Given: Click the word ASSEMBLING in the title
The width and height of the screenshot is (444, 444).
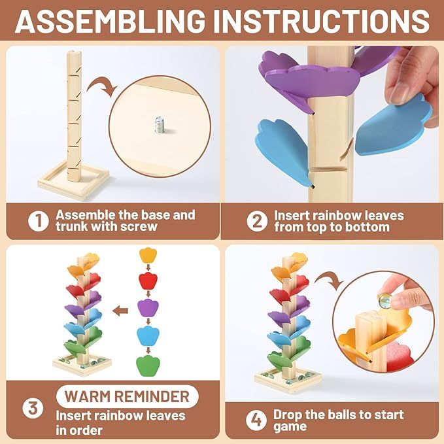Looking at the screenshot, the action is [110, 21].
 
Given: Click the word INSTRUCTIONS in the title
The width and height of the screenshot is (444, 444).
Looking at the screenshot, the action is [322, 21].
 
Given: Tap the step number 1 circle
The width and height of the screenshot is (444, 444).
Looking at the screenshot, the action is [39, 220].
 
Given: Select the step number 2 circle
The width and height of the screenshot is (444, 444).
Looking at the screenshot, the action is [257, 221].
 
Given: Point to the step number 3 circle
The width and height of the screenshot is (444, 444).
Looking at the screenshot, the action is [33, 408].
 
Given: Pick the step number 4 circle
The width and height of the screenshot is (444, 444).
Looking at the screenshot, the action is [256, 420].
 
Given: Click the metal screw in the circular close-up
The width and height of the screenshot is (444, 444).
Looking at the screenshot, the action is [160, 125].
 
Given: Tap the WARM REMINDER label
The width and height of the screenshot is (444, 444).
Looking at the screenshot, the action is [127, 396].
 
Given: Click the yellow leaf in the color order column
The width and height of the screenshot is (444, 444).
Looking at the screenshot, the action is [148, 255].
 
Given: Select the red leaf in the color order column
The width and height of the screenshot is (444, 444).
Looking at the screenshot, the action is [148, 281].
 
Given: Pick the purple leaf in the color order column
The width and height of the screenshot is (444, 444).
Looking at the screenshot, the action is [148, 308].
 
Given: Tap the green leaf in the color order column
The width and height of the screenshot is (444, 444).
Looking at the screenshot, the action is [148, 366].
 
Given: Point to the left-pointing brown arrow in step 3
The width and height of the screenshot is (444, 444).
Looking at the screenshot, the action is [120, 311].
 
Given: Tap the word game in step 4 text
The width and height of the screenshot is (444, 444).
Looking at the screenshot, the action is [290, 427].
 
